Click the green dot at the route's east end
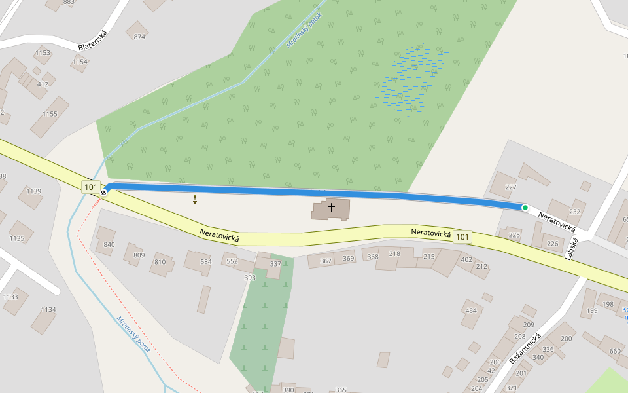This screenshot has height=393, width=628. coord(525,208)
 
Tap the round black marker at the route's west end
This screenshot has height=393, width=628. coord(103,193)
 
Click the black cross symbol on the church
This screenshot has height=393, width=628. coord(332,208)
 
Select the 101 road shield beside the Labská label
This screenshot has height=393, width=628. coord(462,236)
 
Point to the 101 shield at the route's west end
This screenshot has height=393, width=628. coord(91,187)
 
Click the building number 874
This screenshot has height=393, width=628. coord(139,37)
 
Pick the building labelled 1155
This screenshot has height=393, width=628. coord(50,114)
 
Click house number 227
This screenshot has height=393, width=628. coord(512,187)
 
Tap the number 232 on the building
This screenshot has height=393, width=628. coord(575,212)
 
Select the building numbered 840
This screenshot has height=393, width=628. coord(109,244)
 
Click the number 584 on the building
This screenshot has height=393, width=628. coord(206,261)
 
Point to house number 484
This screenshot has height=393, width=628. coord(471,310)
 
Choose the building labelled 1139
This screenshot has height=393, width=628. coord(34,191)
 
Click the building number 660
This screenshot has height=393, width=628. coord(615,351)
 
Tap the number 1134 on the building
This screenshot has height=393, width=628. coord(48,310)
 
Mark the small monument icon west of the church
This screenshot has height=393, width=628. coord(195,198)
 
